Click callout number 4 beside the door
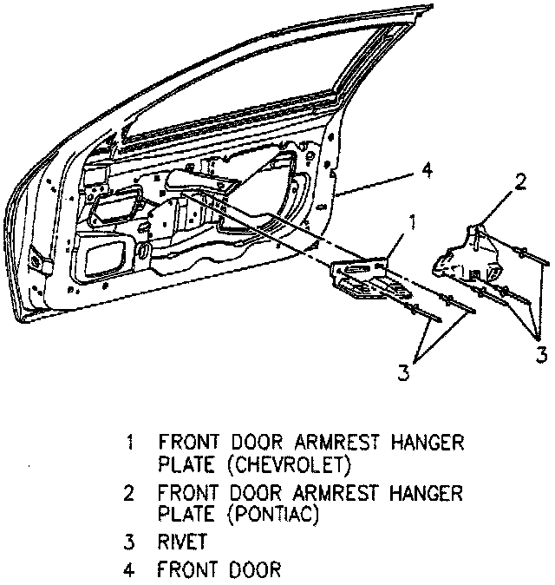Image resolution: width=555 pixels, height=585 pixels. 426,171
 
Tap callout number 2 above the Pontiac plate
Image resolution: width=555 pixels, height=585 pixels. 520,181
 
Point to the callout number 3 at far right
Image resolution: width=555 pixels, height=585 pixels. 540,354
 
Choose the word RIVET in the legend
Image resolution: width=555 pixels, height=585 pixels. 183,543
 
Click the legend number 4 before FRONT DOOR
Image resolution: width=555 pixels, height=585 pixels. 129,571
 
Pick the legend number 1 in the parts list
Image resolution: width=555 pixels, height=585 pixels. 129,442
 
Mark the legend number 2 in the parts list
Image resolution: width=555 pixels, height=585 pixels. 129,495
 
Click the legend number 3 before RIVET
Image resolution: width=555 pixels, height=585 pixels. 129,543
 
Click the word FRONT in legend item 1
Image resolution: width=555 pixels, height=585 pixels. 186,442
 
